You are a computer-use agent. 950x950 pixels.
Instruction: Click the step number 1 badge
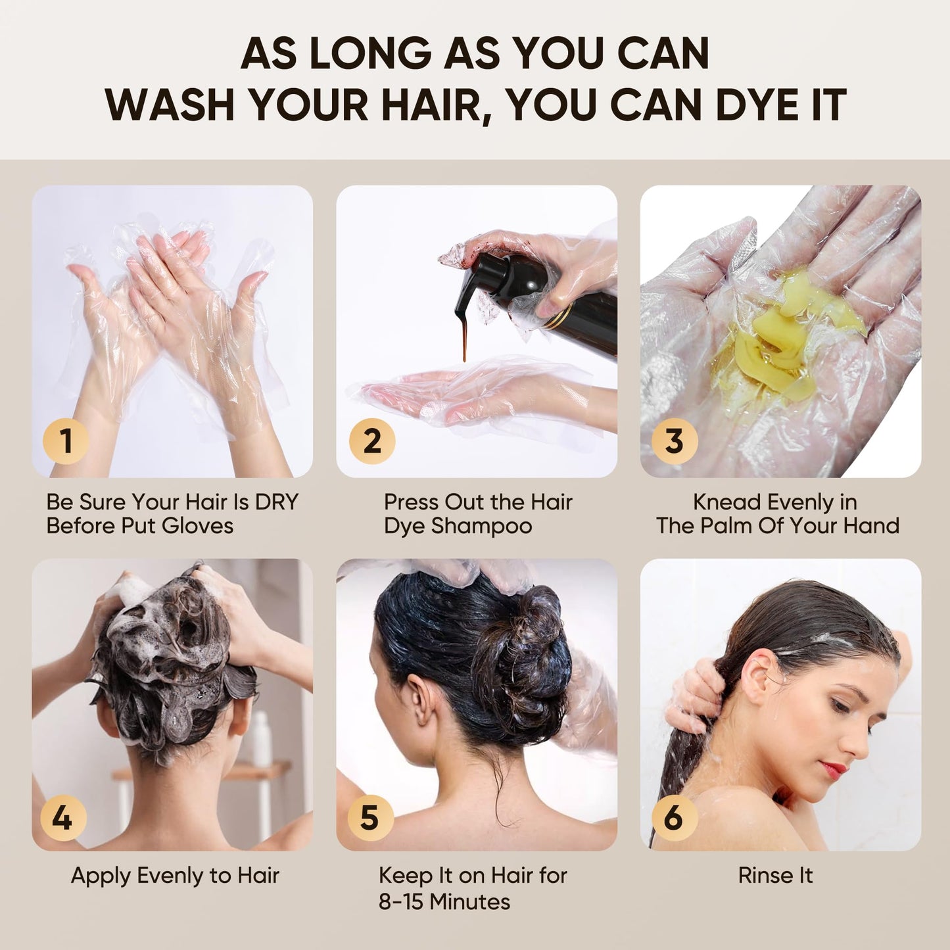coord(66,440)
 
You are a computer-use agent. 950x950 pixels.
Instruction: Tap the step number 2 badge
coord(372,440)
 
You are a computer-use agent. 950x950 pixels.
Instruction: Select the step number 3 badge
coord(674,440)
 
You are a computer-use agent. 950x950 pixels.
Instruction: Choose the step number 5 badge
coord(369,818)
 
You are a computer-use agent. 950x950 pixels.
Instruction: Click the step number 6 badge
coord(674,818)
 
